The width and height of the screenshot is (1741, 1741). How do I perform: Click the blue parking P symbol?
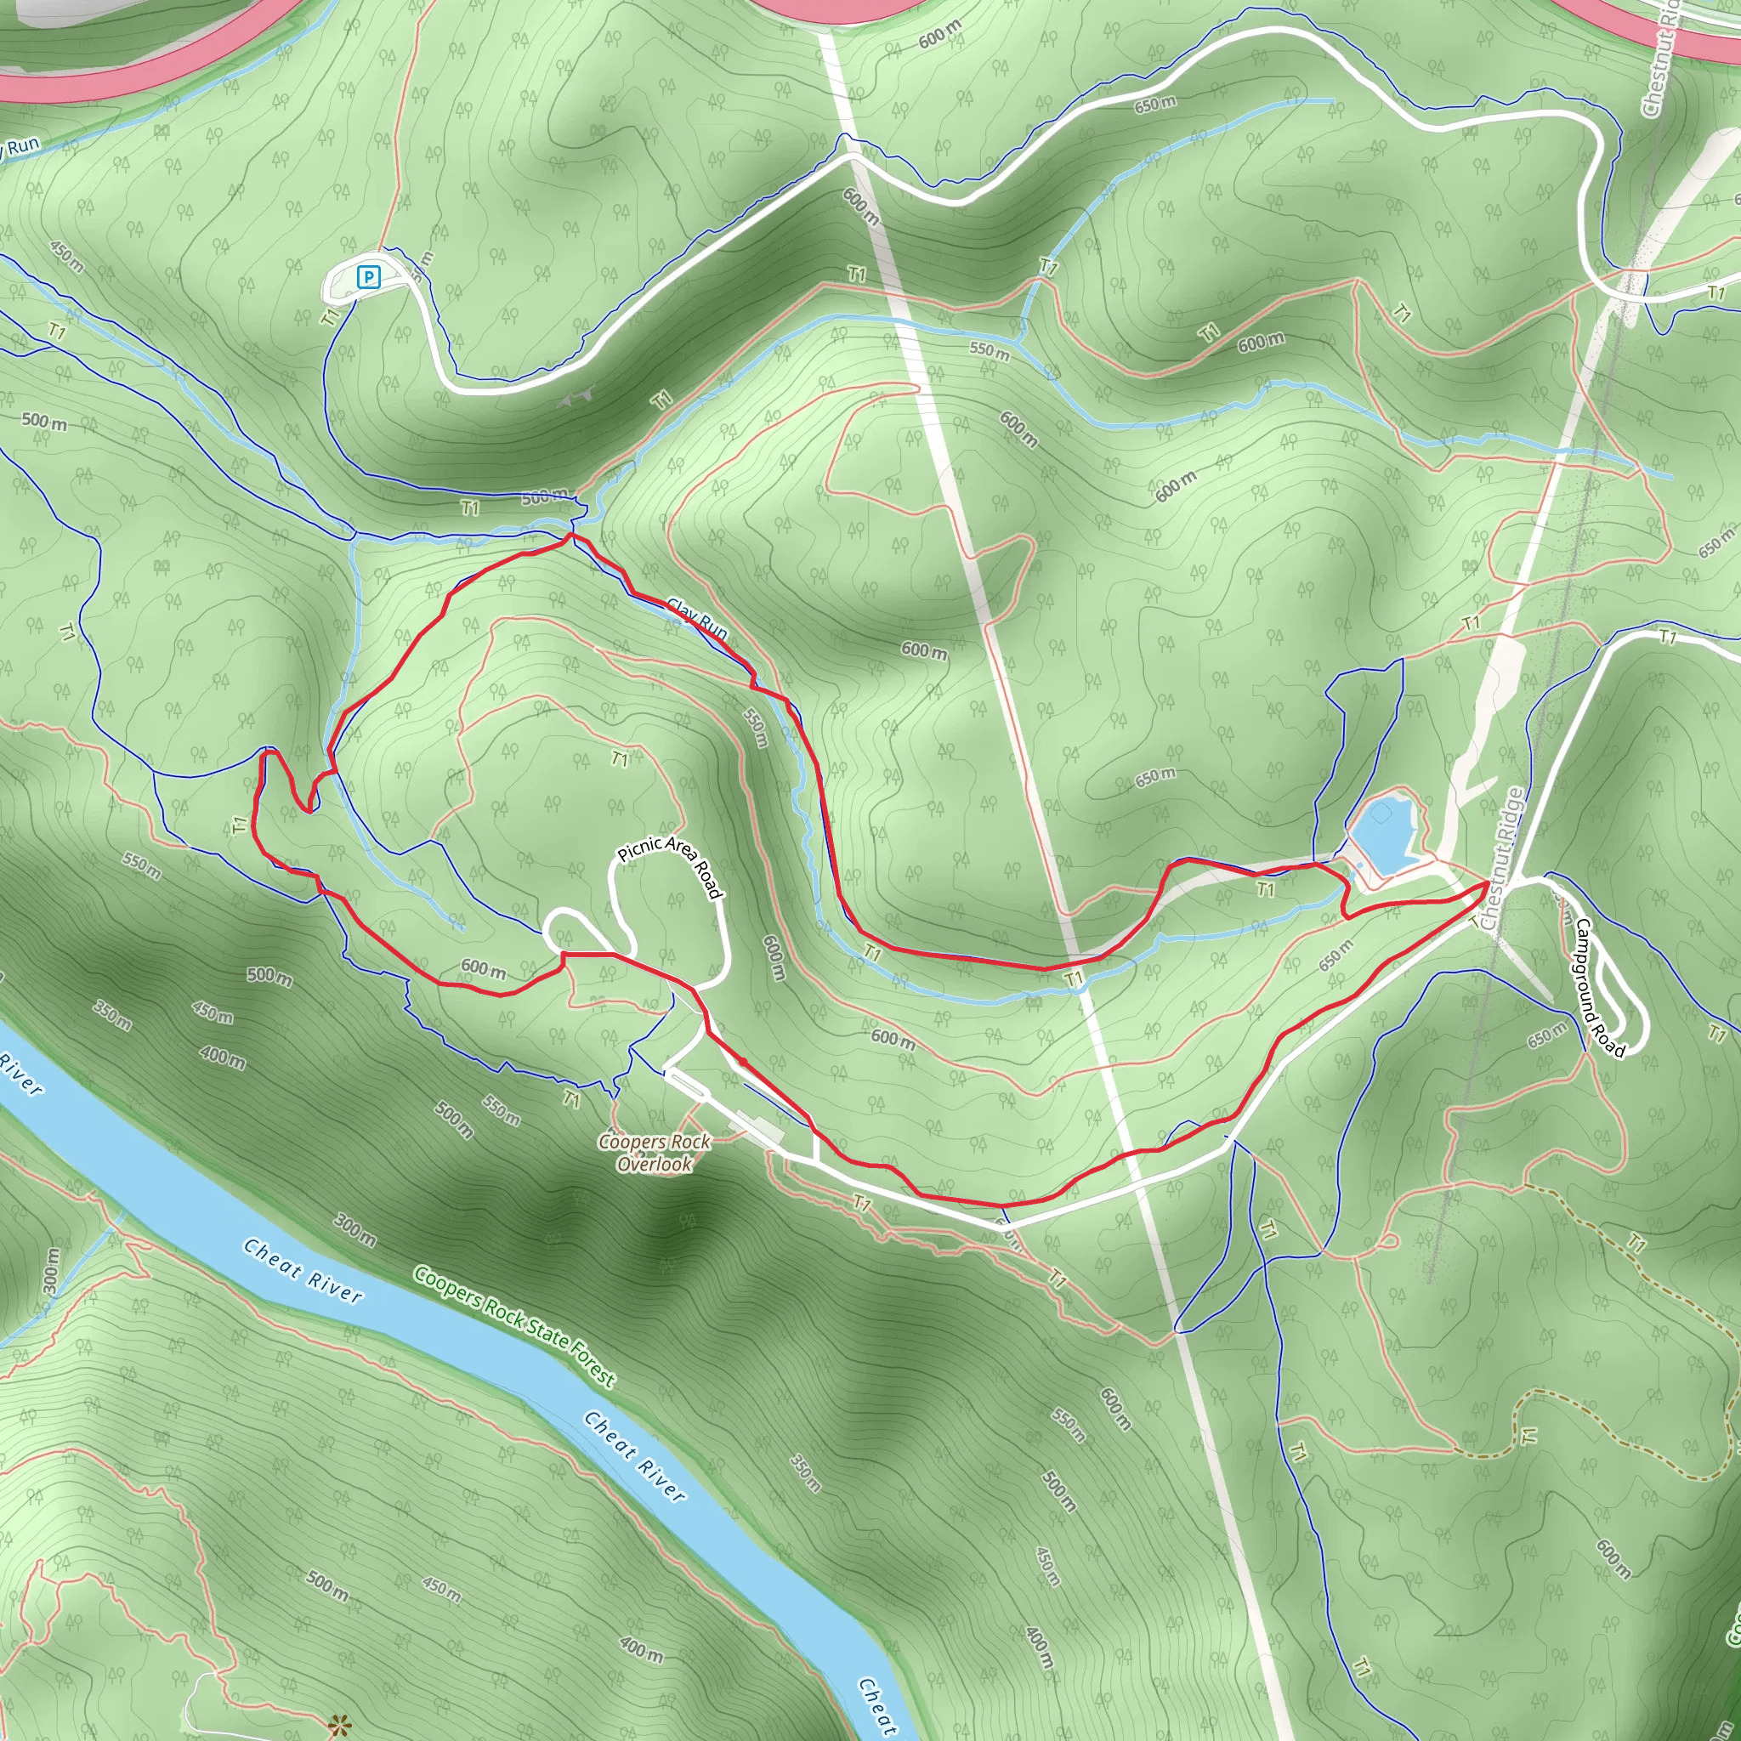click(367, 276)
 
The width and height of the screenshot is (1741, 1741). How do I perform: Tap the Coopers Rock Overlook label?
click(655, 1153)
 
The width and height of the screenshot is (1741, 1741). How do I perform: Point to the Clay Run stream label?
click(697, 618)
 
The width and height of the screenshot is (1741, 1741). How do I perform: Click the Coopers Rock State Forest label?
click(514, 1325)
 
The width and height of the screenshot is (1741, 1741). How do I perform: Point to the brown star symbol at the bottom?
click(339, 1726)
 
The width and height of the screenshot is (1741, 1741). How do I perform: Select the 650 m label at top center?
click(1154, 105)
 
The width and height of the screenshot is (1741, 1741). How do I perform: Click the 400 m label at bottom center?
click(642, 1648)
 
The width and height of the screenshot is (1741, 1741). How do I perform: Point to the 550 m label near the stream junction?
click(990, 349)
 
